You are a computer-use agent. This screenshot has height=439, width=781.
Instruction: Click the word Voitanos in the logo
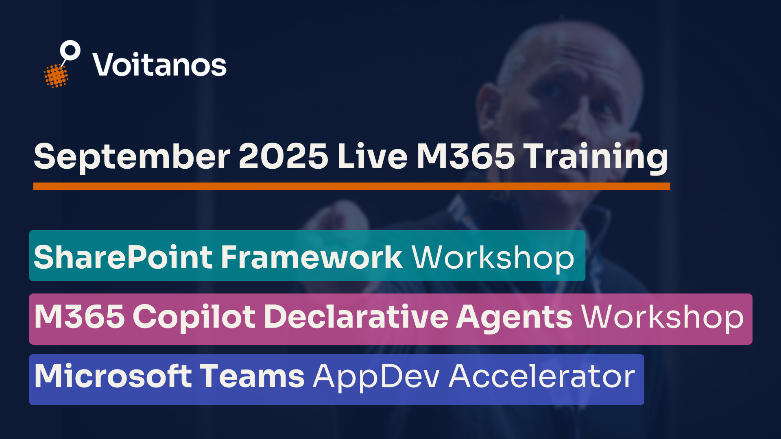pyautogui.click(x=159, y=65)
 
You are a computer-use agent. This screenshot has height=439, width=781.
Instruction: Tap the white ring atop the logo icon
pyautogui.click(x=70, y=50)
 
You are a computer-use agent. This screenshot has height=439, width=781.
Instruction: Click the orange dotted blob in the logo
pyautogui.click(x=56, y=76)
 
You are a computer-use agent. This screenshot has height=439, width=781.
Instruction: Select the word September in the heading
pyautogui.click(x=132, y=157)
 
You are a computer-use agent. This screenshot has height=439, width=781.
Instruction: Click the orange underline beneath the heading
pyautogui.click(x=351, y=186)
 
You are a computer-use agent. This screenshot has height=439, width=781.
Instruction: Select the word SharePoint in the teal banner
pyautogui.click(x=123, y=257)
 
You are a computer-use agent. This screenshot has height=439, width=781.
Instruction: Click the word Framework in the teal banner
pyautogui.click(x=312, y=257)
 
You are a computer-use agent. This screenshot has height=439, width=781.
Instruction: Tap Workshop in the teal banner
pyautogui.click(x=493, y=258)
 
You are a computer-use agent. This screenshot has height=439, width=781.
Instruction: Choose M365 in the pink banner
pyautogui.click(x=80, y=317)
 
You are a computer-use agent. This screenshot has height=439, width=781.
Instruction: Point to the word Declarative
pyautogui.click(x=356, y=317)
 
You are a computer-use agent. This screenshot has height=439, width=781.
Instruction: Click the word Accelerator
pyautogui.click(x=542, y=376)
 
